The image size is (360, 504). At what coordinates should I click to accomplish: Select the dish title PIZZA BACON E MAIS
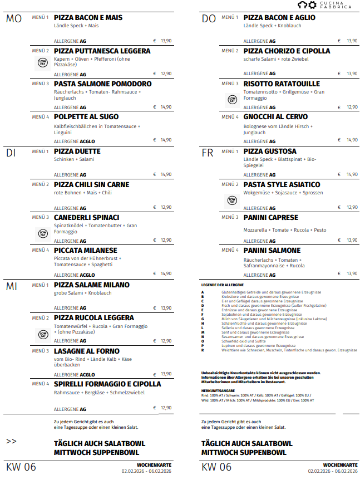[88, 18]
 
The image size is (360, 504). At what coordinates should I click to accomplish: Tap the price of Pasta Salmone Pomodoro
[162, 107]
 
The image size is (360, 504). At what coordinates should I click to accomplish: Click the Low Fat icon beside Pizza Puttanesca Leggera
[43, 62]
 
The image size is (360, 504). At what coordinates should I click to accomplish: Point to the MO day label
[14, 19]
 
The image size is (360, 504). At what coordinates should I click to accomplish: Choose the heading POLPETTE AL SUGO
[86, 117]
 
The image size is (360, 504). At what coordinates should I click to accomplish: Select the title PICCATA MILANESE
[86, 251]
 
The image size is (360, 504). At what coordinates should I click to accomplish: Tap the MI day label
[12, 286]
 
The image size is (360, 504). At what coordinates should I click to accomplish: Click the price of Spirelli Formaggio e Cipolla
[162, 408]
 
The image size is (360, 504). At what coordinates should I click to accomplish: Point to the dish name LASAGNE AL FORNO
[87, 351]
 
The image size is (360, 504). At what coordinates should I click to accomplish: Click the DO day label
[209, 19]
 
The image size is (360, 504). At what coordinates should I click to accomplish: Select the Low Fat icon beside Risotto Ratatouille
[232, 100]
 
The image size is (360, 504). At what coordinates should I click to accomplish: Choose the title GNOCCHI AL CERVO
[275, 117]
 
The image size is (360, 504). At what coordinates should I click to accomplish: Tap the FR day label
[207, 153]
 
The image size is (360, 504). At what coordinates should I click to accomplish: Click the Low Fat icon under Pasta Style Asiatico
[232, 200]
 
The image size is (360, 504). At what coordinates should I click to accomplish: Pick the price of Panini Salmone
[349, 273]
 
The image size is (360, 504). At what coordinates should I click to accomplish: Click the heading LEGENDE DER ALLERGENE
[223, 285]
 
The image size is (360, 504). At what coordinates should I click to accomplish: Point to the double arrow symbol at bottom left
[11, 441]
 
